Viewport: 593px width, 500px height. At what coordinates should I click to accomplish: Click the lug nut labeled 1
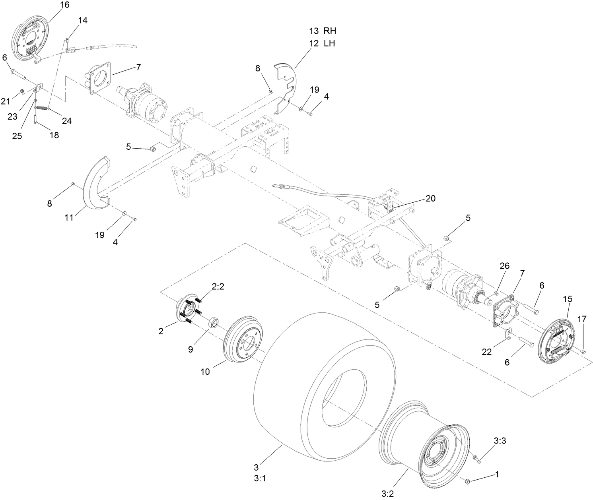click(x=467, y=481)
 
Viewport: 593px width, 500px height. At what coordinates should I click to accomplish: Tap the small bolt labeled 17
click(x=583, y=351)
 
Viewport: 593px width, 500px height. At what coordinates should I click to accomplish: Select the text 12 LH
click(x=322, y=43)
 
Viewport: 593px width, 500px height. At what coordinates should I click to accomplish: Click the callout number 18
click(x=54, y=135)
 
